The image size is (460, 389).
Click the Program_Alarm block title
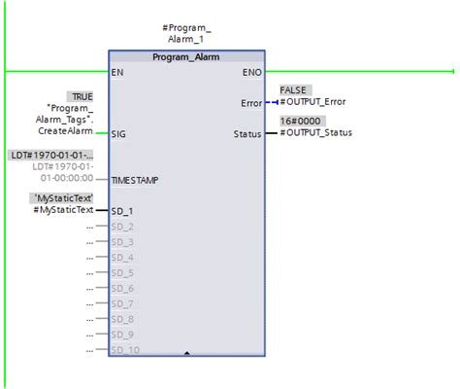[186, 57]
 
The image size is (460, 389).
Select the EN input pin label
[117, 72]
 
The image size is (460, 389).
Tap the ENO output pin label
[252, 72]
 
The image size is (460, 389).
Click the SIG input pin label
[118, 134]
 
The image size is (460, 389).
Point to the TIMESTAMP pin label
[135, 180]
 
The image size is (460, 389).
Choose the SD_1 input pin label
[122, 211]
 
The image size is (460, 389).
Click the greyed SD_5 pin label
[122, 273]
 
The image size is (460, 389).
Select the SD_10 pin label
[125, 350]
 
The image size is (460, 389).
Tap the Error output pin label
[251, 103]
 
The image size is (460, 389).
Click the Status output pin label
[247, 134]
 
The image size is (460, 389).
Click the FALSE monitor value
[293, 89]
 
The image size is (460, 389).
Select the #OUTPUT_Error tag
[312, 102]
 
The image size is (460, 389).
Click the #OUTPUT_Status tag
[316, 132]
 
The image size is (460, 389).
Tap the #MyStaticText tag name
[63, 210]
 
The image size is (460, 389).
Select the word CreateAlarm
[66, 131]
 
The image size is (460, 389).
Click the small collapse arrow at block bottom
[186, 353]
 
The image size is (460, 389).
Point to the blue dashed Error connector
[272, 102]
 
